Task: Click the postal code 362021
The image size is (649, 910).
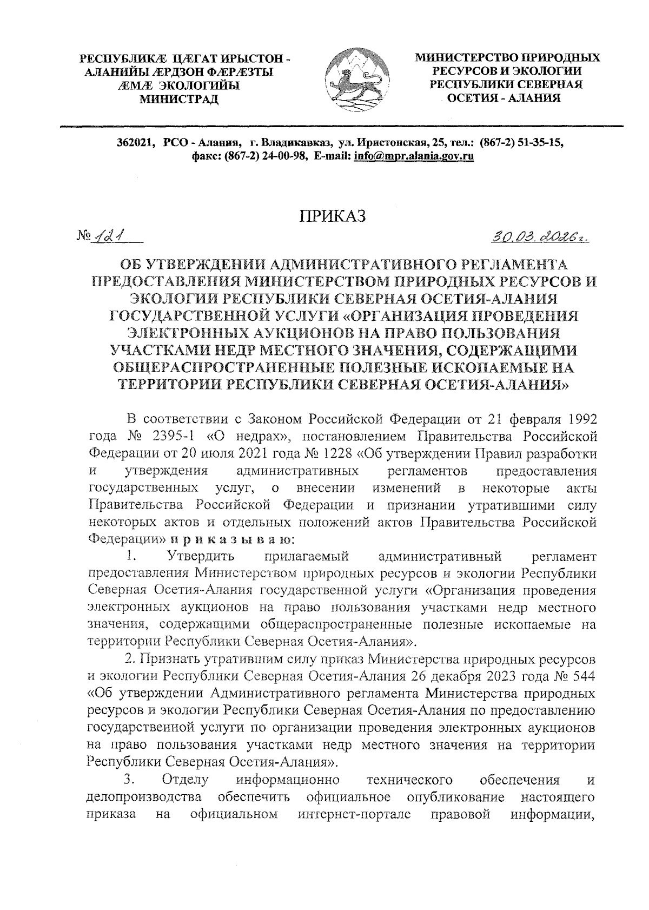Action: point(136,142)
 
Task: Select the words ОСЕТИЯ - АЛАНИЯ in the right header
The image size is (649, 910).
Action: point(506,98)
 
